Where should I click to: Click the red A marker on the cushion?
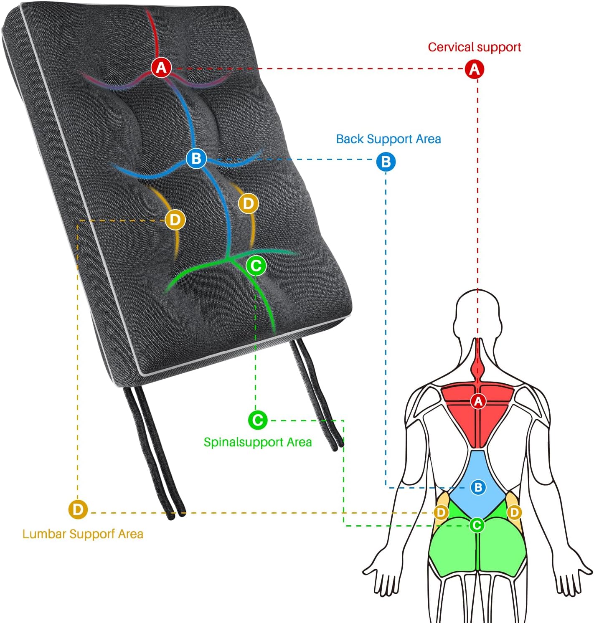coord(161,67)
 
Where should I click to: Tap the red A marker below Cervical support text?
coord(474,69)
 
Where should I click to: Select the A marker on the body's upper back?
coord(478,401)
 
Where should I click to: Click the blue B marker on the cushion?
coord(196,159)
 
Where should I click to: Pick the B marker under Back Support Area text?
coord(386,162)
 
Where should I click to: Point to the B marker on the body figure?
coord(478,487)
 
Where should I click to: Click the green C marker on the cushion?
coord(256,266)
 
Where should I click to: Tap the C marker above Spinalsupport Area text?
coord(258,420)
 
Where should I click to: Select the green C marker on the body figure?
coord(477,525)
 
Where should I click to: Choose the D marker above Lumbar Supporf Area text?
coord(78,509)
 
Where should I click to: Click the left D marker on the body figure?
coord(441,512)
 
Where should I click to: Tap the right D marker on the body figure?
coord(514,512)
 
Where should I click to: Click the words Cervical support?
coord(474,47)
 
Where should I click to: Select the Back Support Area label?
coord(388,139)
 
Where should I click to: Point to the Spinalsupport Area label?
coord(258,442)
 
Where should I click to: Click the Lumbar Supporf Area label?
coord(83,534)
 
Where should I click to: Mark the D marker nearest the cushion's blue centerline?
coord(248,204)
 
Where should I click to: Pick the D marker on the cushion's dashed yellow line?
coord(175,220)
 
